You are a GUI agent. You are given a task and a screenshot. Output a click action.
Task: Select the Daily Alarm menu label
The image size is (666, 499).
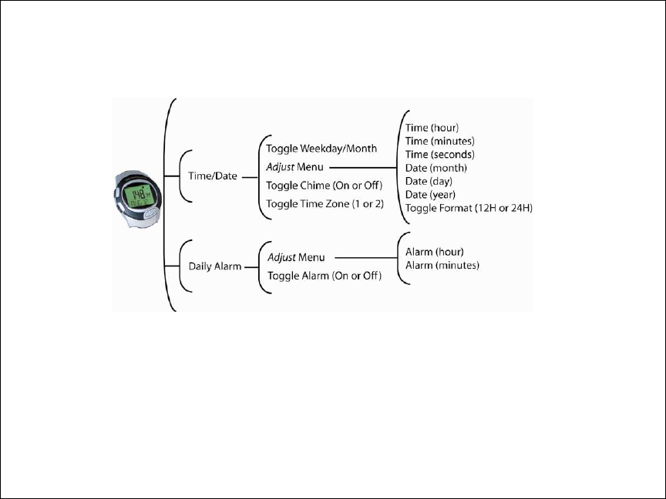[x=214, y=266]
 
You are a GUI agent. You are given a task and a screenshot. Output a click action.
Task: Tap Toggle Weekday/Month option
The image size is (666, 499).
[x=321, y=148]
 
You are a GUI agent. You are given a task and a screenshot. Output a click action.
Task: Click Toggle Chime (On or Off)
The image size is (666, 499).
[x=324, y=185]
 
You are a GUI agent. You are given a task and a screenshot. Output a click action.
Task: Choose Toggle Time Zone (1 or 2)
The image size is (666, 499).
[x=325, y=203]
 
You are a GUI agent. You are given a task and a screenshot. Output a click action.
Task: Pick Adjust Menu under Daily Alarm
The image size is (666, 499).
[x=296, y=256]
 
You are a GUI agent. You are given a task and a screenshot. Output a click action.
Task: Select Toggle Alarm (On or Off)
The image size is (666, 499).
[x=325, y=275]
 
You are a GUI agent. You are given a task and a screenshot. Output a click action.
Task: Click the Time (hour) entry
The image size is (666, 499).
[x=432, y=127]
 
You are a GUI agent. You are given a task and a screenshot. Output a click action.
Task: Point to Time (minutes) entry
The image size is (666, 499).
[x=439, y=140]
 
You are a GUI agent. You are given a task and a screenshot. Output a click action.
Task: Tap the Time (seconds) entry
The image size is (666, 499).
[x=439, y=154]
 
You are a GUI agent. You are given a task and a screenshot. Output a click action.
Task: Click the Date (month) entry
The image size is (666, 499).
[x=436, y=167]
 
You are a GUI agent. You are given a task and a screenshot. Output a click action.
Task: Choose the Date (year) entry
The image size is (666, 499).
[x=431, y=194]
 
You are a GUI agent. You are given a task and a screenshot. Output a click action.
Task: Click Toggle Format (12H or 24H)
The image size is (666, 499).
[x=469, y=208]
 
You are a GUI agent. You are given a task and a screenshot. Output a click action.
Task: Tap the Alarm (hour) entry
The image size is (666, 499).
[x=434, y=252]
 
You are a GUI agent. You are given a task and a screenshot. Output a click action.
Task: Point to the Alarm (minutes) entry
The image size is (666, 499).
[x=442, y=266]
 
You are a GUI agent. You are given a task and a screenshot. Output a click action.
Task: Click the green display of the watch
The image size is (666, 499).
[x=138, y=196]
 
